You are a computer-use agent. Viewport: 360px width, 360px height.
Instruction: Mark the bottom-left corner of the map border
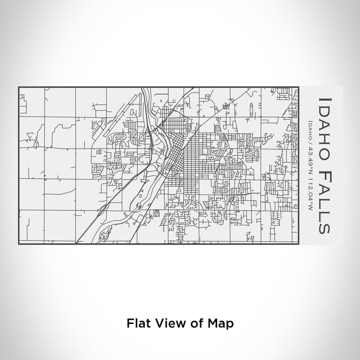click(19, 244)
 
